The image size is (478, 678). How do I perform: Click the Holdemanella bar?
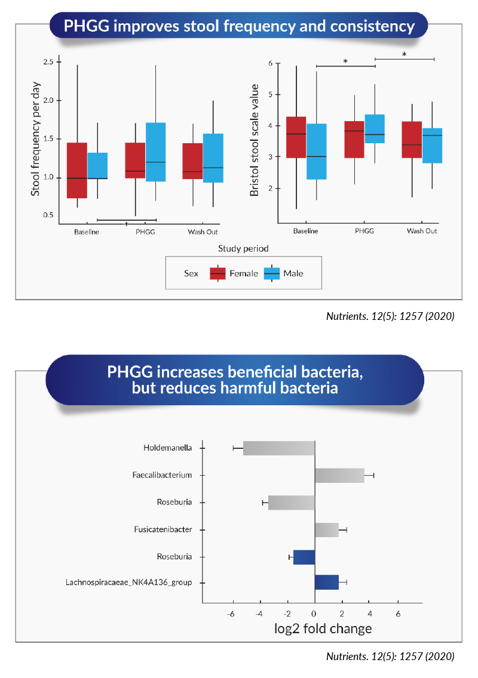tap(279, 448)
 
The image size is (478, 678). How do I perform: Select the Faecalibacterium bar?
tap(339, 475)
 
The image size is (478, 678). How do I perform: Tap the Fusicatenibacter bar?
tap(327, 530)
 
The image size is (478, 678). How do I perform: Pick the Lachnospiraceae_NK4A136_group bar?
tap(327, 583)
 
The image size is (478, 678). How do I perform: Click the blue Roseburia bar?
tap(304, 557)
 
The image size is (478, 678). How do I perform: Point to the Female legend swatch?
tap(217, 274)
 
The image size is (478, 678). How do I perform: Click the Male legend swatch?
tap(272, 274)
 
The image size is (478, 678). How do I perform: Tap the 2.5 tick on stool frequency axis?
tap(48, 62)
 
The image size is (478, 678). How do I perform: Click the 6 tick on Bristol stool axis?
tap(271, 63)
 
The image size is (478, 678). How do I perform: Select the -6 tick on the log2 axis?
tap(231, 614)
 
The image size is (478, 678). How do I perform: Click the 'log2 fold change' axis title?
tap(323, 628)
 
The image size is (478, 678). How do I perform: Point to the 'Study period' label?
tap(243, 249)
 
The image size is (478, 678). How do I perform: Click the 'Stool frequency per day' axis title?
tap(35, 139)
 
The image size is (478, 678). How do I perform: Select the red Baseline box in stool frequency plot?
tap(77, 170)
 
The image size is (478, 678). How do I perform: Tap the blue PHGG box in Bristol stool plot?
tap(375, 129)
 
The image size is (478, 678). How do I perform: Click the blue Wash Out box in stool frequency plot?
tap(213, 158)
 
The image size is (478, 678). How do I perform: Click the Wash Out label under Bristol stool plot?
tap(422, 232)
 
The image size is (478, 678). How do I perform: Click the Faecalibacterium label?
tap(162, 475)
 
